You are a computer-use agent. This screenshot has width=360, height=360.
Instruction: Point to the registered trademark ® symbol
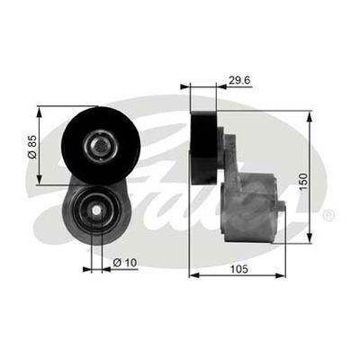tap(328, 215)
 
